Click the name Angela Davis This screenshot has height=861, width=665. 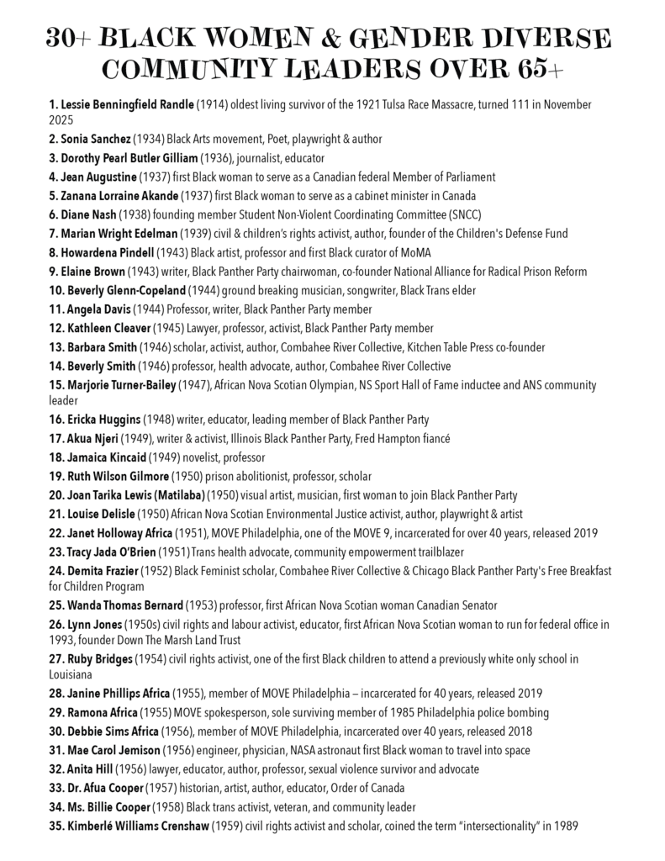click(x=92, y=310)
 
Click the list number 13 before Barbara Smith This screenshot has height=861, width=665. click(x=58, y=347)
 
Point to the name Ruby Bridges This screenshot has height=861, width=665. click(x=98, y=660)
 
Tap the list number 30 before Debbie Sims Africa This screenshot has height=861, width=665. click(x=59, y=732)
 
